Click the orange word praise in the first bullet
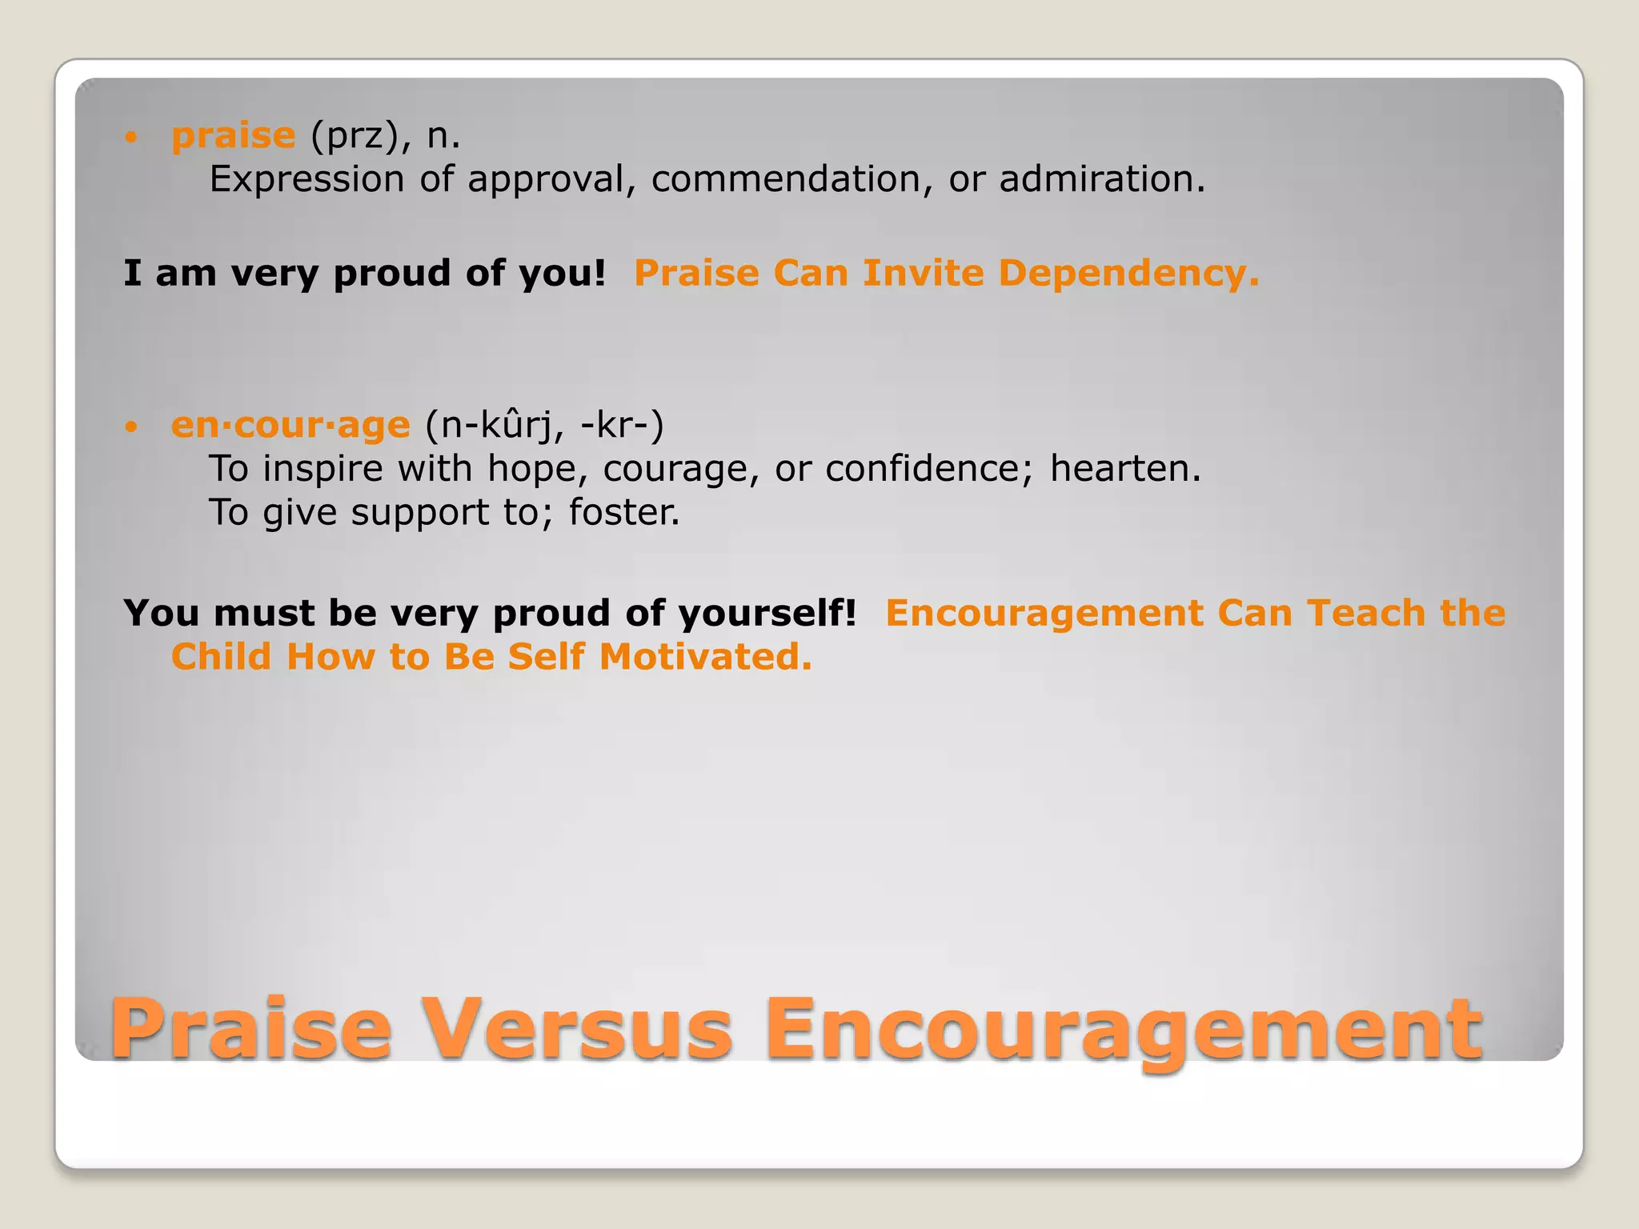point(233,136)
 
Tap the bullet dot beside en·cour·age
point(132,426)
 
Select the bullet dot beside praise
point(132,138)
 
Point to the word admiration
point(1101,179)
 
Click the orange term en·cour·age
point(291,426)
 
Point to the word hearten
point(1124,469)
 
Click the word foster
point(623,513)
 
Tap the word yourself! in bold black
point(767,614)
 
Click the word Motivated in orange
point(705,657)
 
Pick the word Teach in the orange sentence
point(1366,614)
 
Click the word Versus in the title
point(577,1029)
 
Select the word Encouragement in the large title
point(1124,1029)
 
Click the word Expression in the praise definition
point(307,179)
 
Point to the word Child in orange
point(222,657)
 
